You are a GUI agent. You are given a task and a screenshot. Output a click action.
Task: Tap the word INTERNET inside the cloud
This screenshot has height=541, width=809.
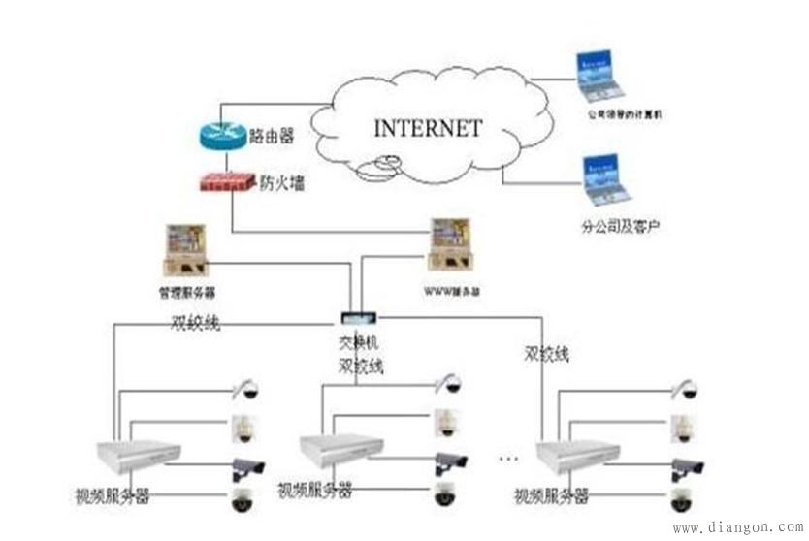(x=428, y=128)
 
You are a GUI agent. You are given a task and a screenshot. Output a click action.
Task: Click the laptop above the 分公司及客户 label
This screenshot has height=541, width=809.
(x=604, y=180)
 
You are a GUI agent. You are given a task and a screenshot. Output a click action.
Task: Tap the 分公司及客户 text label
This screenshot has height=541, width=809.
(x=620, y=227)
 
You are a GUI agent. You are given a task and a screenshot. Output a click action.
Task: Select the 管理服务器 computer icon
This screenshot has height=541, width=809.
(x=186, y=251)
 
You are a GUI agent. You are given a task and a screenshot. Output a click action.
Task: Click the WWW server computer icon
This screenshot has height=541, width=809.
(x=451, y=246)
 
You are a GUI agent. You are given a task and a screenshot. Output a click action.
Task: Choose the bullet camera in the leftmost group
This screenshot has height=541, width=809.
(x=246, y=468)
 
